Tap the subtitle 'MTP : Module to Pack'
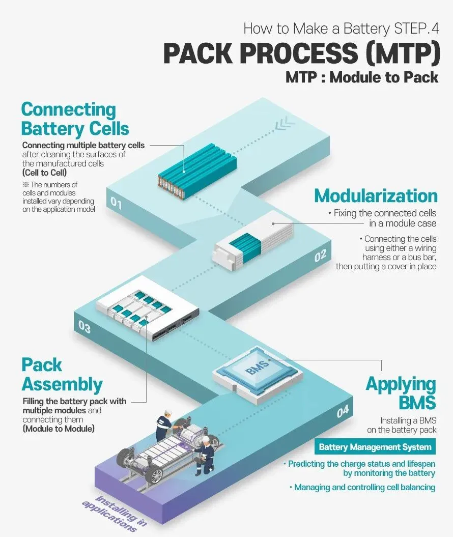click(x=361, y=77)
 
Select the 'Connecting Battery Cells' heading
click(x=75, y=118)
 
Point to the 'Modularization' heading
click(x=376, y=196)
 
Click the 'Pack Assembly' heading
click(x=62, y=375)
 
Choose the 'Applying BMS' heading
click(x=401, y=393)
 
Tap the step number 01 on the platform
click(x=116, y=205)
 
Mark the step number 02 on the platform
click(x=320, y=256)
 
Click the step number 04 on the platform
click(x=343, y=411)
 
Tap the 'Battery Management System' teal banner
click(x=375, y=447)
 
